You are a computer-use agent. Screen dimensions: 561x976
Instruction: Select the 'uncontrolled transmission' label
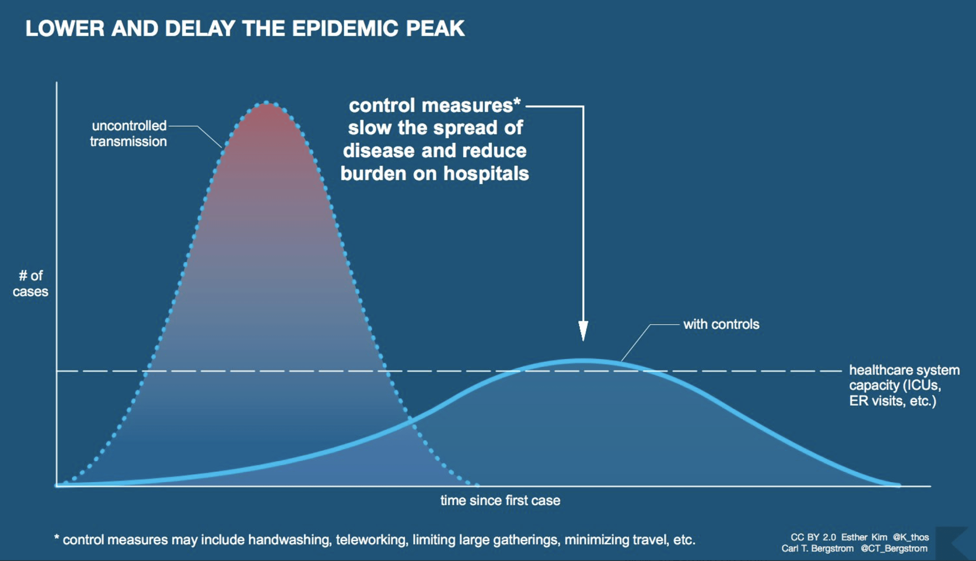(128, 134)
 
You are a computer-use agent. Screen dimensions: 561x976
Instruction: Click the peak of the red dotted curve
(266, 103)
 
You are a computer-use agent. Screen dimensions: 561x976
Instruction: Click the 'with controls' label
(721, 324)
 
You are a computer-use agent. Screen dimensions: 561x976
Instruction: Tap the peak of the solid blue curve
(583, 360)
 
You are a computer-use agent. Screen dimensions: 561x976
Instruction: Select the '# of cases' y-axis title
(30, 284)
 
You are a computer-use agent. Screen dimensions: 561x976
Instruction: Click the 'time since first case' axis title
(500, 500)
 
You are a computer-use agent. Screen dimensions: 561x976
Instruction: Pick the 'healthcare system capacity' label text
(904, 385)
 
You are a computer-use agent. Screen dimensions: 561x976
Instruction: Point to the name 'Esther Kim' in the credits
(864, 537)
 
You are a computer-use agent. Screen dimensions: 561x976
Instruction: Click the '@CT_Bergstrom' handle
(894, 549)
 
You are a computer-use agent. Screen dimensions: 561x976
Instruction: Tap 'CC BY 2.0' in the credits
(813, 537)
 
